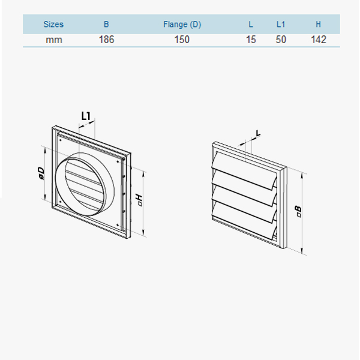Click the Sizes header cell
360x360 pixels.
53,25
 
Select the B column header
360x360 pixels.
106,25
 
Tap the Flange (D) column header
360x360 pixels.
182,25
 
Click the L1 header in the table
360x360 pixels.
281,25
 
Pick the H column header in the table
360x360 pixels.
319,25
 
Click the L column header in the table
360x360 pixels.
251,25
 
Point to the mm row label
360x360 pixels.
53,40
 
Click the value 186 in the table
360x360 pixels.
106,40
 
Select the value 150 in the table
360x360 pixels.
182,40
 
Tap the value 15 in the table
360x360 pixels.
251,40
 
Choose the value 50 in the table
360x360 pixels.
281,40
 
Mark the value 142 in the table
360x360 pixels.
319,40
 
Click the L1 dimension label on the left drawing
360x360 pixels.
86,115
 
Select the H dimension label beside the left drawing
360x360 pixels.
140,199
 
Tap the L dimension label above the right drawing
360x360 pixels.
258,133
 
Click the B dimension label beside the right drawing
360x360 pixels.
297,211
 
